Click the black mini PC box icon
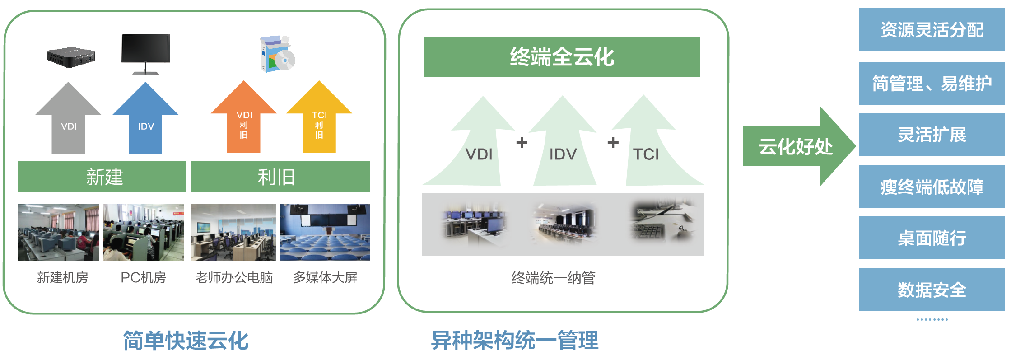71,57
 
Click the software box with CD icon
277,54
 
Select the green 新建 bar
102,177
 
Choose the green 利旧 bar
280,177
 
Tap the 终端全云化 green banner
562,57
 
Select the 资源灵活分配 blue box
932,30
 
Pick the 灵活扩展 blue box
932,135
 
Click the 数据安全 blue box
932,290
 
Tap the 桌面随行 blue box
932,238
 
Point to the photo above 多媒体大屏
325,232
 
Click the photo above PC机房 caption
144,232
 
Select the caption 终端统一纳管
553,278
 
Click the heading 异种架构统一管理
515,340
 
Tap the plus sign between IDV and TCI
613,143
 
